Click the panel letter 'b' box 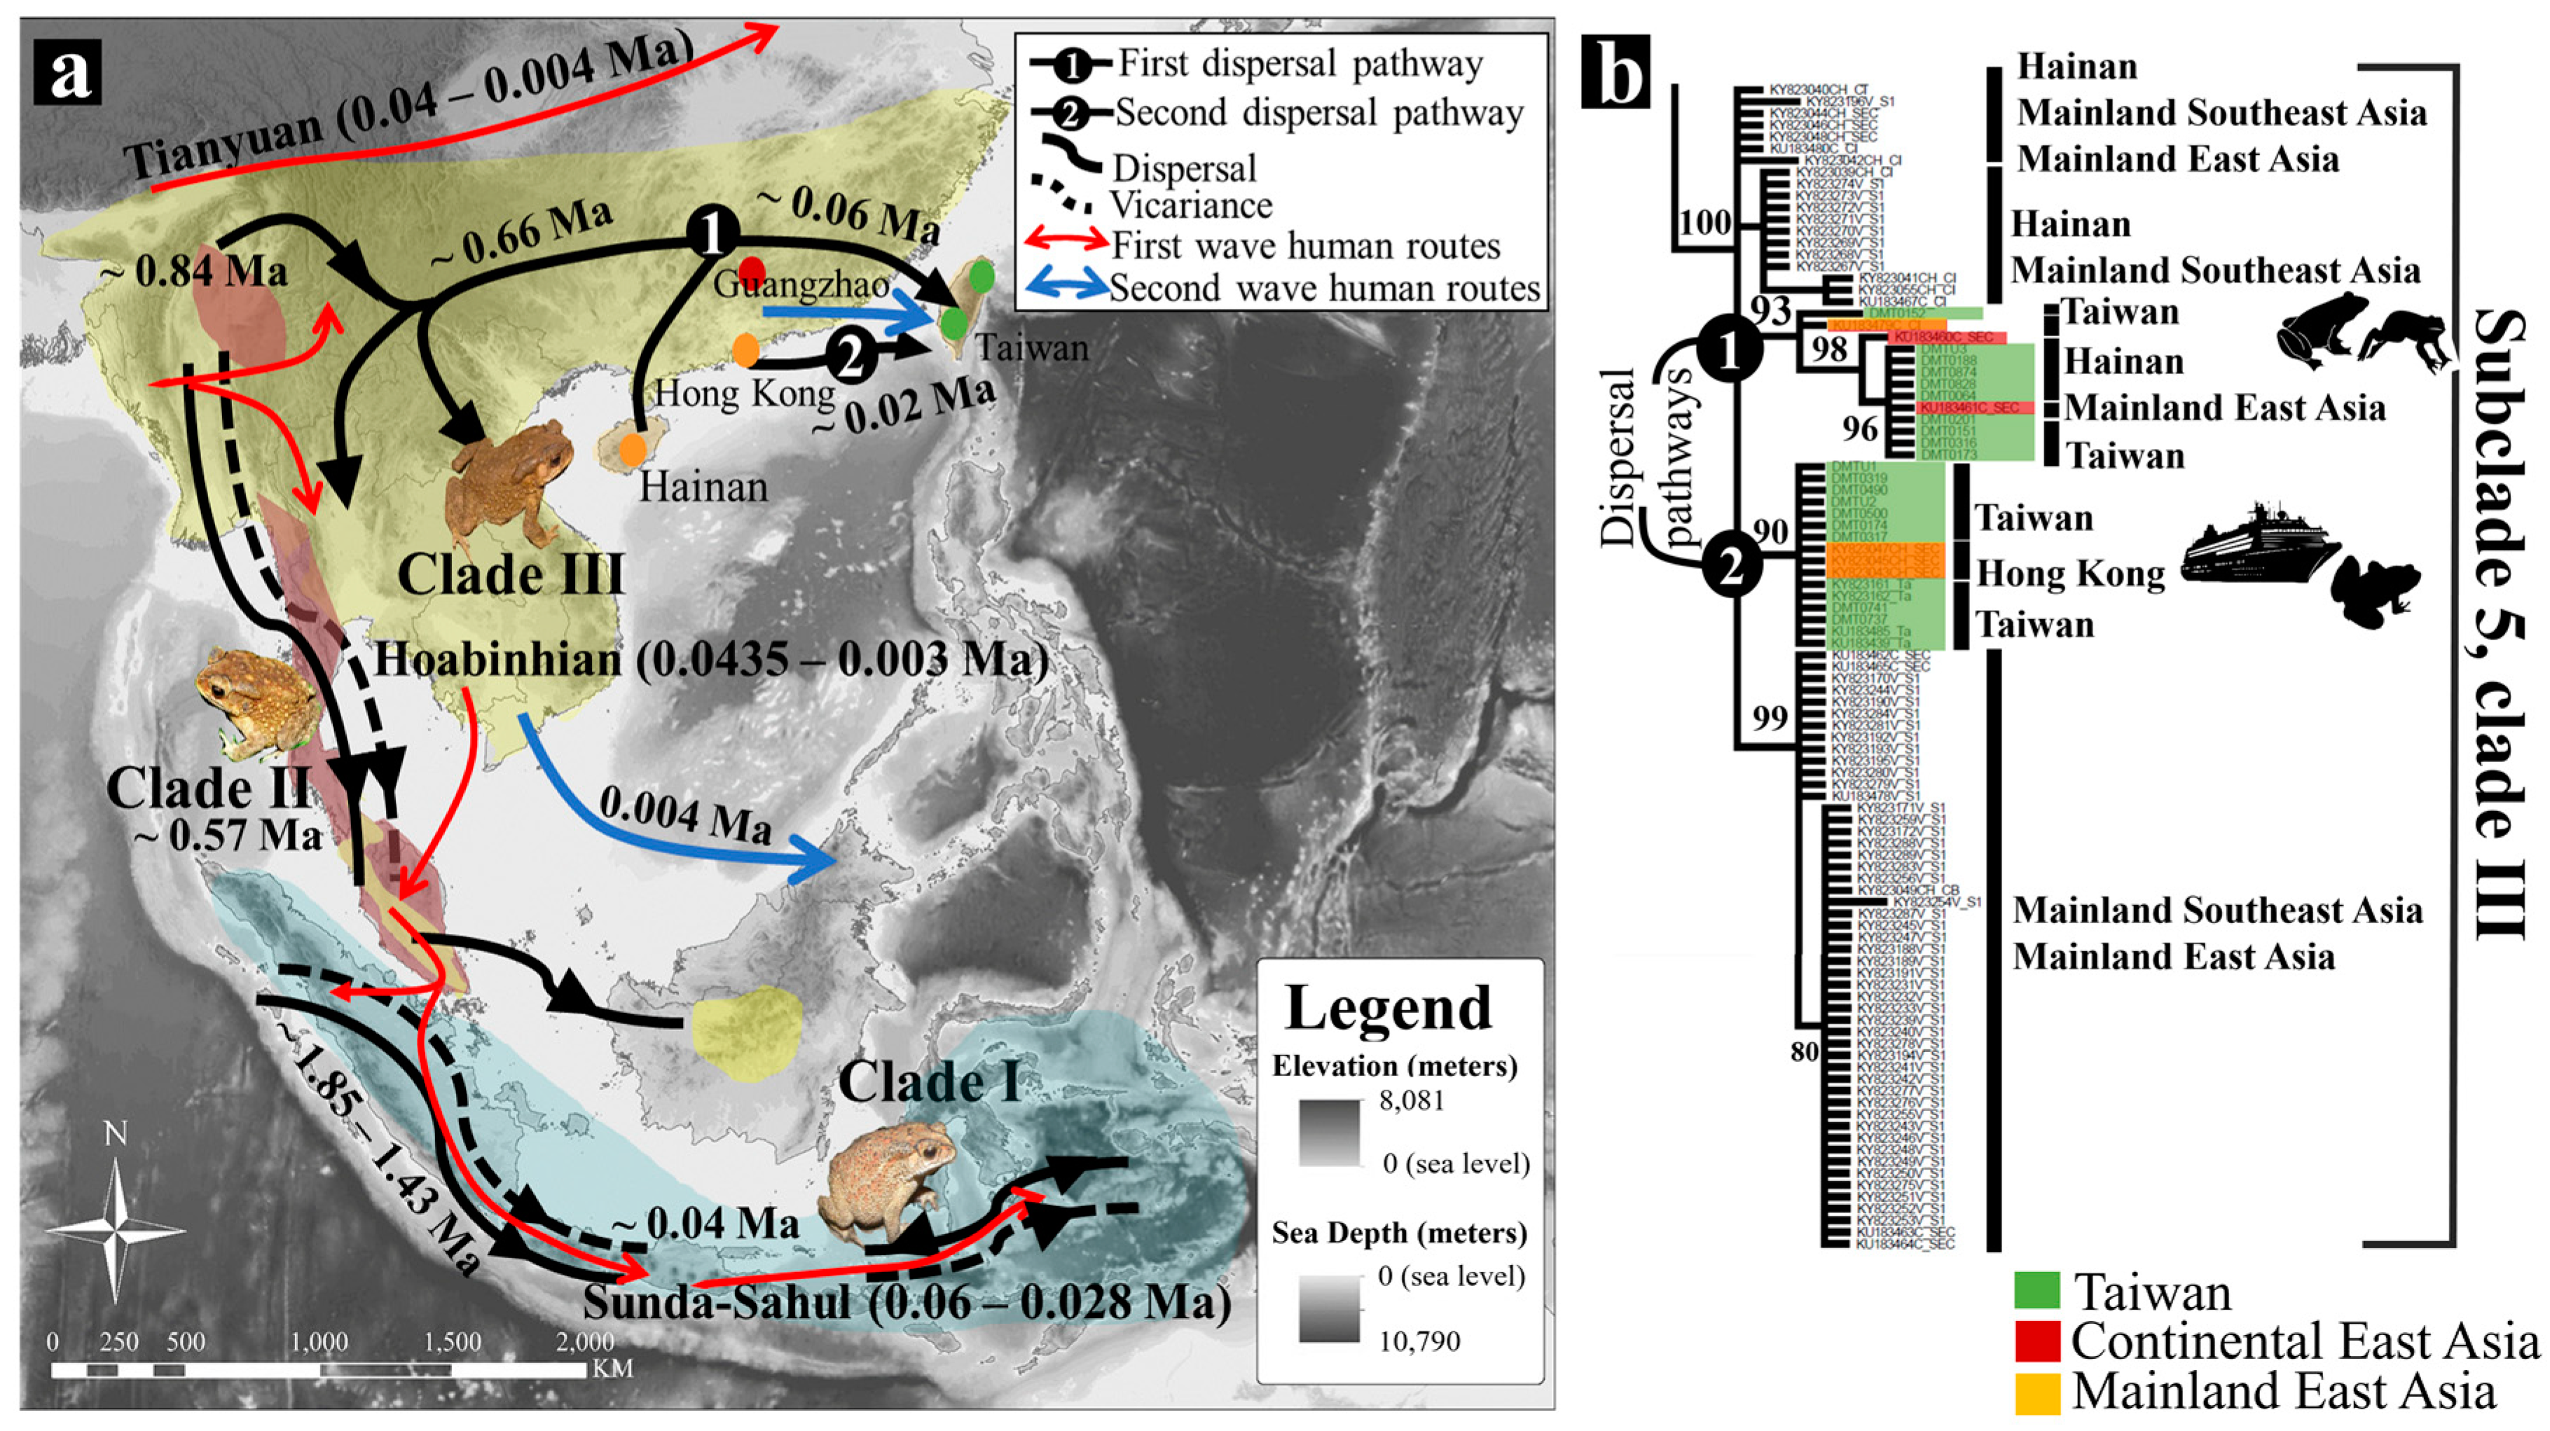click(x=1615, y=71)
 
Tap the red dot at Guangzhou click(x=752, y=269)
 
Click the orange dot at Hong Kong click(x=746, y=348)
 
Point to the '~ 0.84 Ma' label click(x=195, y=271)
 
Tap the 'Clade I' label click(x=928, y=1081)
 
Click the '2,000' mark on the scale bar click(x=585, y=1343)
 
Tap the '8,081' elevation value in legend click(x=1412, y=1100)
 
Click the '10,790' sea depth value click(x=1419, y=1342)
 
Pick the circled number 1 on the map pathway click(x=712, y=235)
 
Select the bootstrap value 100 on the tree click(x=1704, y=223)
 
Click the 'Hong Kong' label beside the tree click(x=2071, y=574)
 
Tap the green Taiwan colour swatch click(x=2036, y=1292)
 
